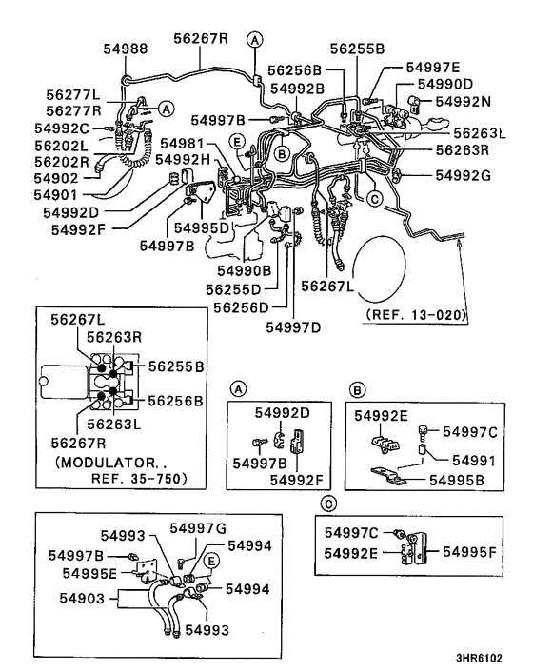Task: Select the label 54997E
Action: [432, 68]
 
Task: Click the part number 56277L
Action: [72, 95]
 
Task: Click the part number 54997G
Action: [198, 527]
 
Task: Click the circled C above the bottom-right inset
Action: [328, 504]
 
